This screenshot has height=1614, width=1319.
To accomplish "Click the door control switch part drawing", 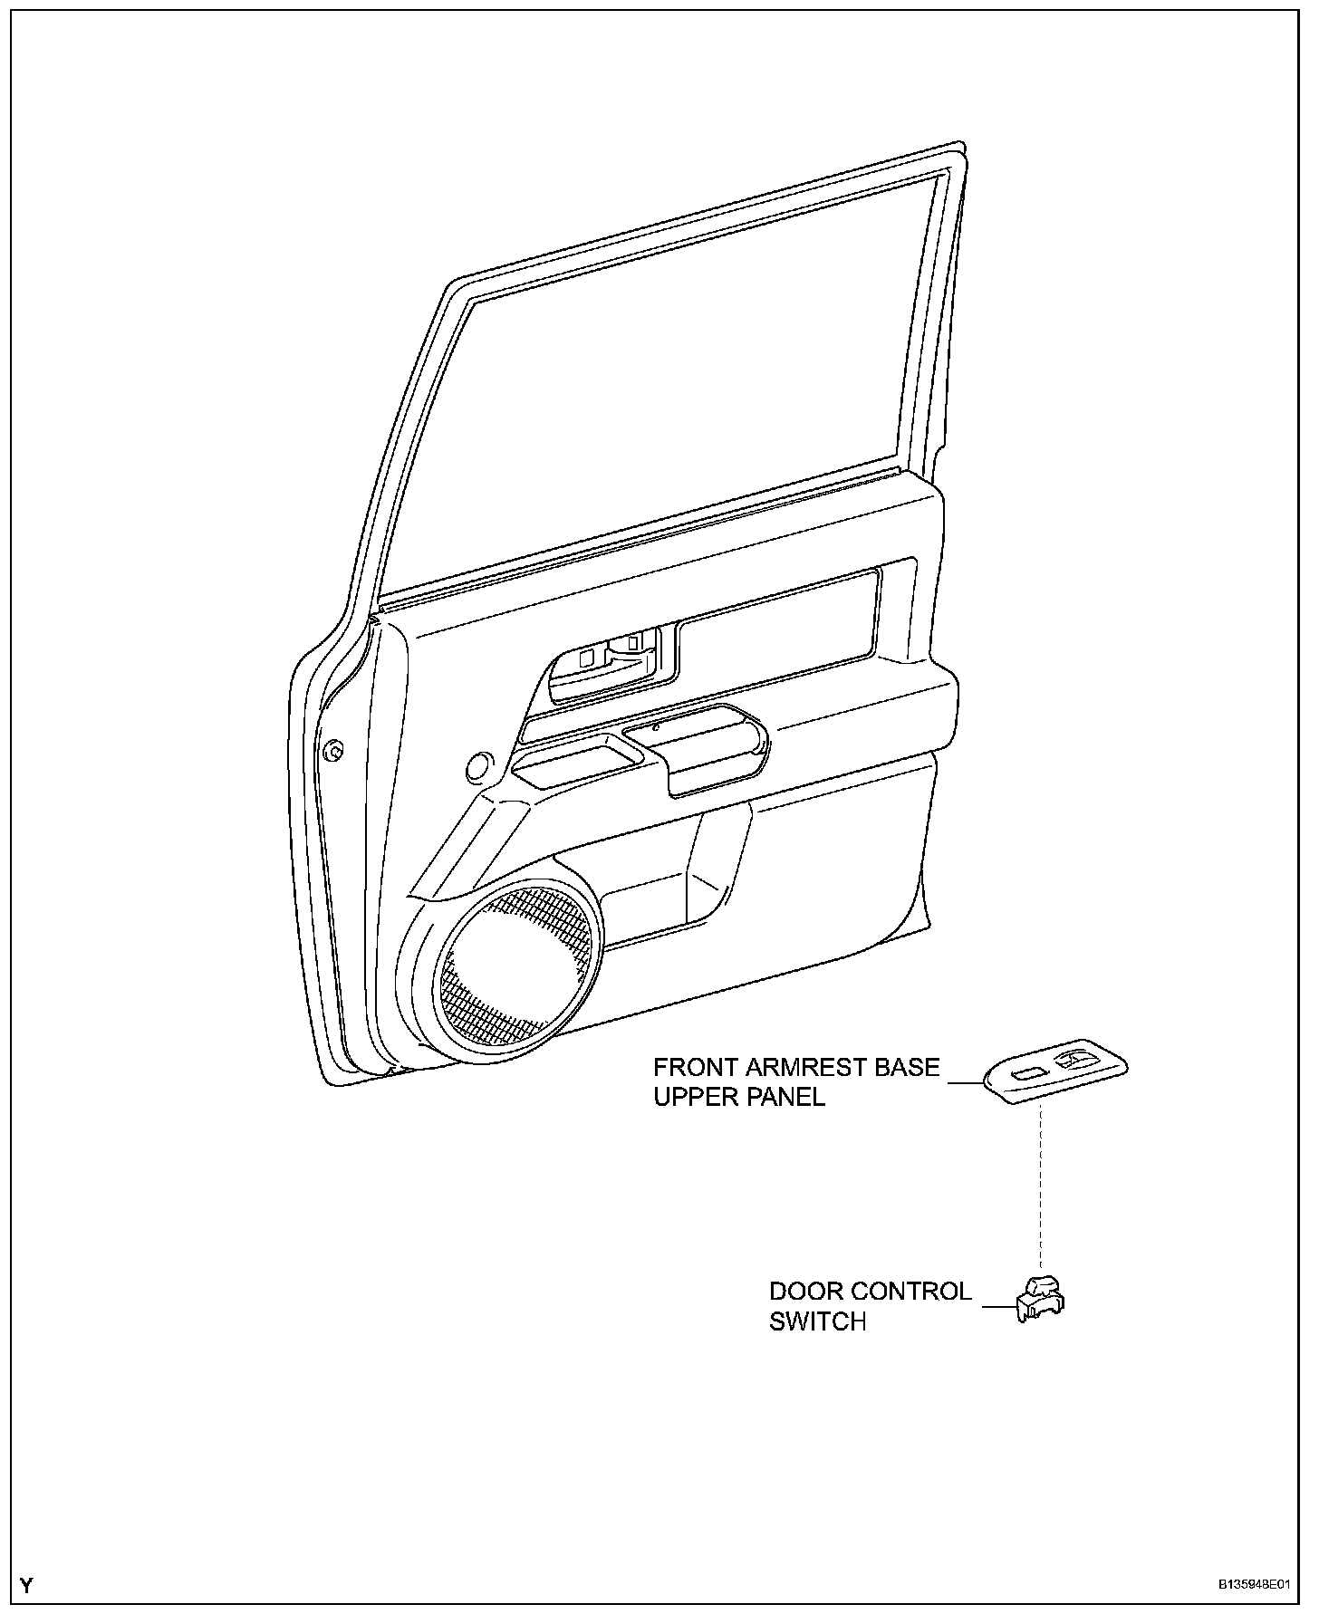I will [1040, 1298].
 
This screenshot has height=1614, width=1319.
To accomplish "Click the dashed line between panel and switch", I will [1041, 1186].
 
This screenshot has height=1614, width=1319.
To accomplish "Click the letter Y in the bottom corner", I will [26, 1585].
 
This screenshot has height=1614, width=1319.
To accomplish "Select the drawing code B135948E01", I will [1253, 1585].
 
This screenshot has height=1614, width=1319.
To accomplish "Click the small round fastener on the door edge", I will [333, 750].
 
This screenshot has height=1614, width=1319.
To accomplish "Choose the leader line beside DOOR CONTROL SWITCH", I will [998, 1306].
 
